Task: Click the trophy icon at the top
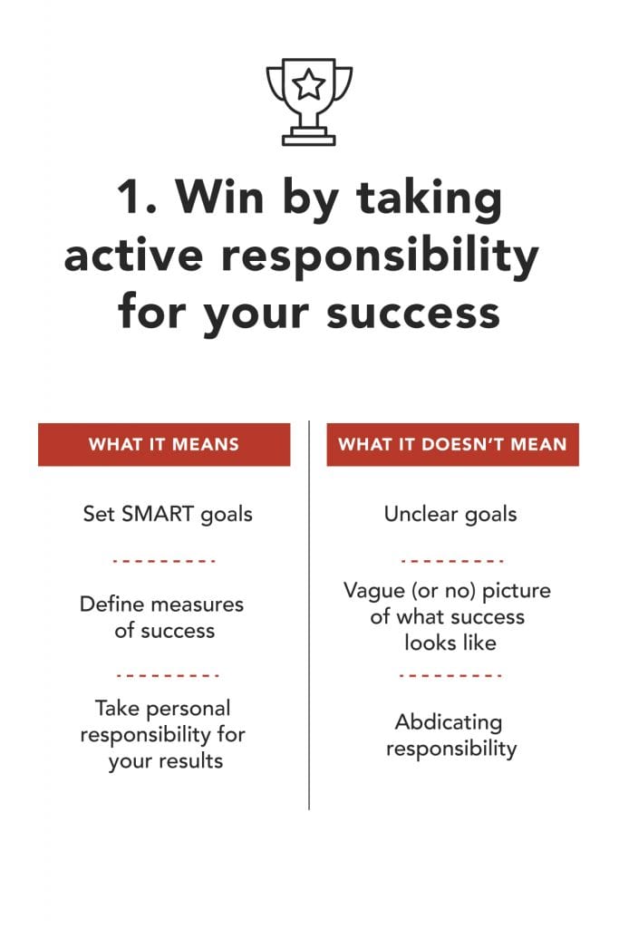[308, 101]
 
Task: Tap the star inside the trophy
[308, 84]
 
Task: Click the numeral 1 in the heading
[129, 197]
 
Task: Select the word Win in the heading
[219, 196]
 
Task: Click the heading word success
[413, 314]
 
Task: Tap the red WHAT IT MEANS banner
[164, 444]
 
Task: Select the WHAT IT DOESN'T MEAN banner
[453, 444]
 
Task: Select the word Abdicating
[449, 722]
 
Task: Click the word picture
[516, 591]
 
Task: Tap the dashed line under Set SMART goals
[163, 560]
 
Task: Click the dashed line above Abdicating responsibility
[450, 675]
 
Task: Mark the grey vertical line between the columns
[309, 615]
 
